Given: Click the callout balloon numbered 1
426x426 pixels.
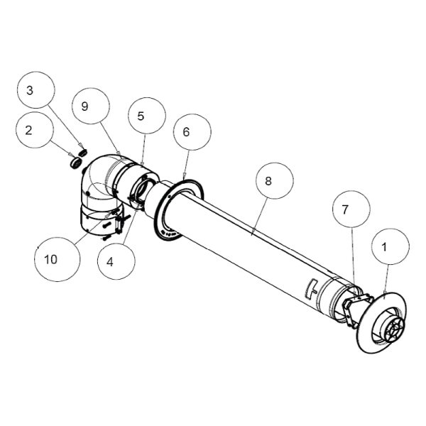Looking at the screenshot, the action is click(x=390, y=246).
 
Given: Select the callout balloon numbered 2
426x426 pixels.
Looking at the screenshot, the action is click(x=34, y=130).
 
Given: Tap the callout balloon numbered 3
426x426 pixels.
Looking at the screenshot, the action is click(x=36, y=90).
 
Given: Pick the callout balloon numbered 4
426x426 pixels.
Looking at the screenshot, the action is click(x=116, y=261).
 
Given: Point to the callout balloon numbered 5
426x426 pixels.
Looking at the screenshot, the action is click(x=147, y=116).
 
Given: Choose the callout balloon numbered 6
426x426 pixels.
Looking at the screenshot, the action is click(x=192, y=132).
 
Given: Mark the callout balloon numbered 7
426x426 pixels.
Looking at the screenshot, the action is click(x=351, y=209).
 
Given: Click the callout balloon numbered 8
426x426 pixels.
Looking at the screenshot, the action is click(x=275, y=181).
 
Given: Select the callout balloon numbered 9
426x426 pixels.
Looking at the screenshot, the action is click(x=91, y=106).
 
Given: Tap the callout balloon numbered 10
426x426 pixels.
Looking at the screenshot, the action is click(x=58, y=259).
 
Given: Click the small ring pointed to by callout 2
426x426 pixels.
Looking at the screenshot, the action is click(x=75, y=163).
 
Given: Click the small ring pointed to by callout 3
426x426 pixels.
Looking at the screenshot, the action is click(x=82, y=153).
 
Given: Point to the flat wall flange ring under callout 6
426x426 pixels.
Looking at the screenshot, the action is click(x=178, y=209).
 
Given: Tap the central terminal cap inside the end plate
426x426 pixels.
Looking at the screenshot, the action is click(x=394, y=329).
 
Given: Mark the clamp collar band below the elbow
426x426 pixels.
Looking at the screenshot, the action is click(x=101, y=221).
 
